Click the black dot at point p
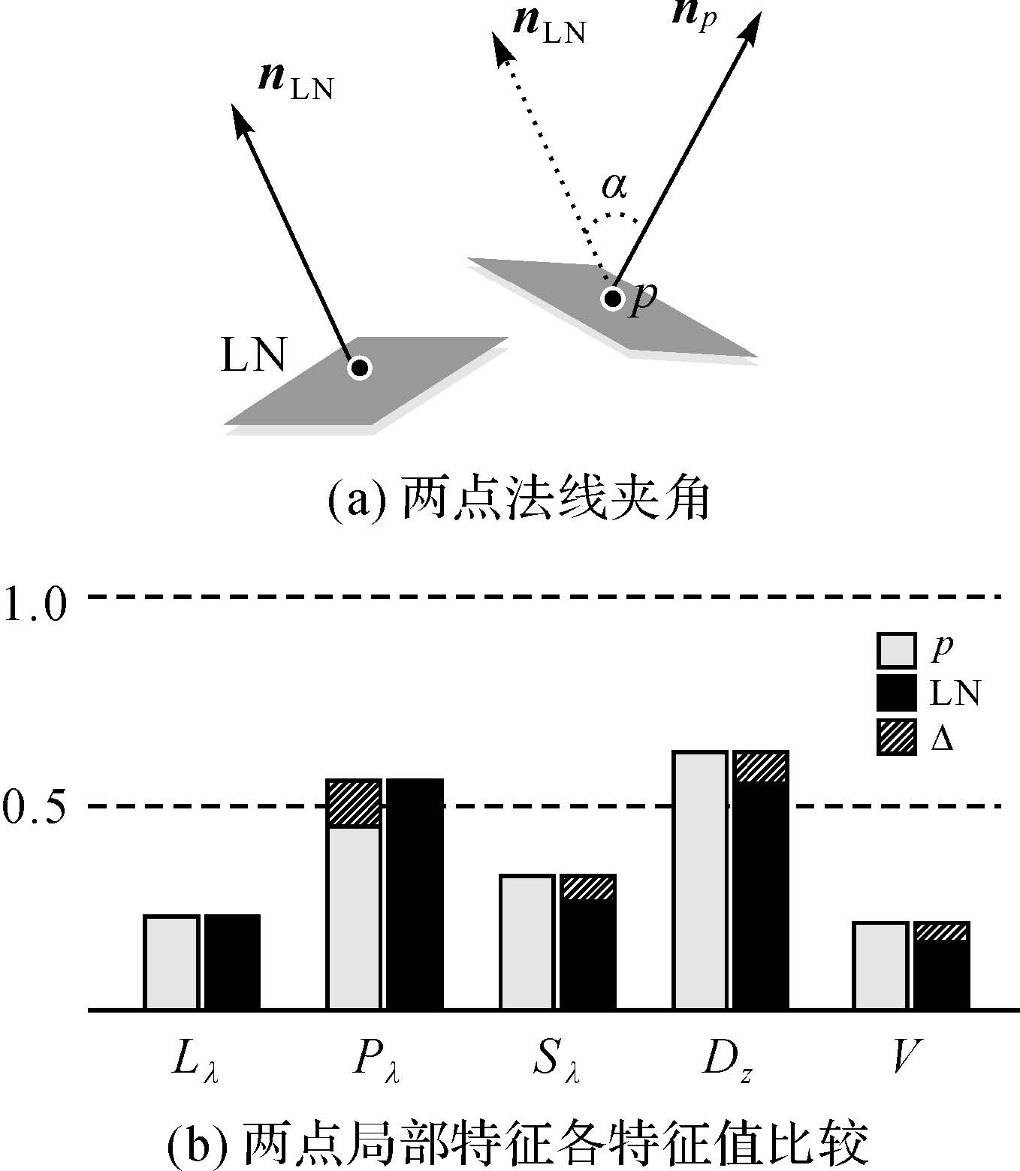pyautogui.click(x=613, y=299)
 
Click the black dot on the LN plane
pyautogui.click(x=360, y=368)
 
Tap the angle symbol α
pyautogui.click(x=614, y=186)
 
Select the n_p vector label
pyautogui.click(x=695, y=17)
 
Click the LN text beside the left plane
pyautogui.click(x=253, y=355)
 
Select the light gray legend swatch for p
pyautogui.click(x=896, y=650)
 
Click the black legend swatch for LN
pyautogui.click(x=896, y=693)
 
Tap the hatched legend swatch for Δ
pyautogui.click(x=896, y=736)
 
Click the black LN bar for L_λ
pyautogui.click(x=232, y=962)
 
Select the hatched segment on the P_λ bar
pyautogui.click(x=354, y=803)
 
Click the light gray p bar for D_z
pyautogui.click(x=700, y=880)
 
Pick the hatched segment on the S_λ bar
pyautogui.click(x=588, y=888)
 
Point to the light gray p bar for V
pyautogui.click(x=880, y=965)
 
